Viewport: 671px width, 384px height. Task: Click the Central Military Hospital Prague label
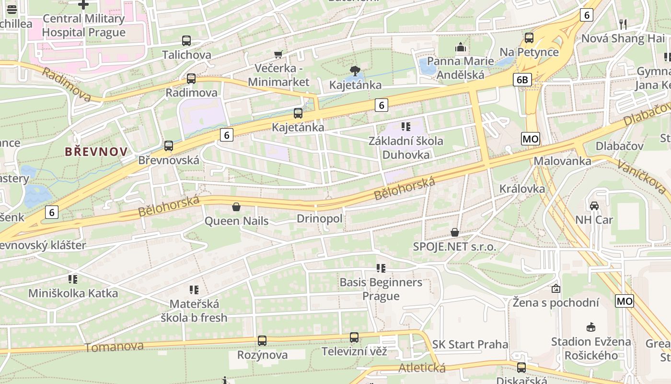[x=83, y=25]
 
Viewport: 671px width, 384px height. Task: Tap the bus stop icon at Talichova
[x=186, y=41]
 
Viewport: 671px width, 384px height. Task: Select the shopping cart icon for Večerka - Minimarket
[x=278, y=54]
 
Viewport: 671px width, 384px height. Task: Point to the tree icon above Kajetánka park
[x=355, y=72]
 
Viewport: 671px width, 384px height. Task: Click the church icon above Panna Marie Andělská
[x=461, y=47]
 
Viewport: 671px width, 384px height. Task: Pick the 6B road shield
[x=522, y=80]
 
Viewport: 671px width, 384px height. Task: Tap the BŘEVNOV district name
[x=96, y=152]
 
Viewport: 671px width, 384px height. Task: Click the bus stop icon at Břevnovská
[x=169, y=146]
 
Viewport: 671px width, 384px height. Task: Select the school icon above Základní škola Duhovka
[x=406, y=127]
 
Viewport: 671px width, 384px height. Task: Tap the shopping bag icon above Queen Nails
[x=236, y=207]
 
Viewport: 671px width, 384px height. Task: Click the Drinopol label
[x=320, y=219]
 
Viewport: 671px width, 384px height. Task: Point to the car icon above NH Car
[x=594, y=206]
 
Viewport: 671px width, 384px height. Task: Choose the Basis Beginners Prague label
[x=381, y=289]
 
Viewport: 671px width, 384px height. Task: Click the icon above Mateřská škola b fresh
[x=194, y=289]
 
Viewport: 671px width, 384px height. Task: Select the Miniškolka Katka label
[x=73, y=293]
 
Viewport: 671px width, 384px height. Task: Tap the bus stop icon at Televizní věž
[x=354, y=337]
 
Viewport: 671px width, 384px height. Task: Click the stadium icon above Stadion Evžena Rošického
[x=591, y=327]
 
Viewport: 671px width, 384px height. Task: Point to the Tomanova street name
[x=114, y=347]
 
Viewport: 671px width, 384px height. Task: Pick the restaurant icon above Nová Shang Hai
[x=623, y=24]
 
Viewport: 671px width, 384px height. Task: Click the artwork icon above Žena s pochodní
[x=556, y=288]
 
